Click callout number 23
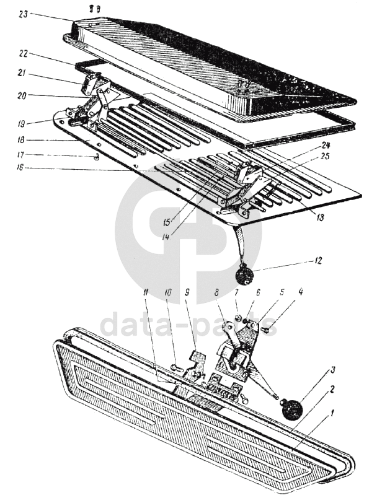[24, 14]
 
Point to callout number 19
[23, 123]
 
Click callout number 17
[22, 155]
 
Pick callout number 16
[20, 168]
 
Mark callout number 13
[319, 218]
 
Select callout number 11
[146, 292]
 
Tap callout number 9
[187, 292]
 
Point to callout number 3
[333, 370]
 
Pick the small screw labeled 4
[265, 330]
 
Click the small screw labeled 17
[95, 157]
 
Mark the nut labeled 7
[238, 318]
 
